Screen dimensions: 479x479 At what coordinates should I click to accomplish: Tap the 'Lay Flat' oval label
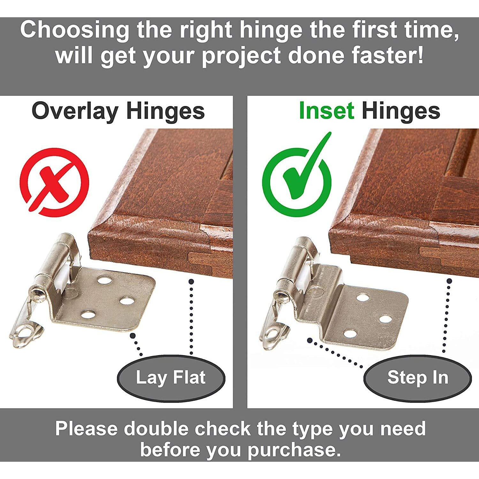(x=171, y=378)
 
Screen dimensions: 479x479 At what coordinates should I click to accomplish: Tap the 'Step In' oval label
(x=418, y=378)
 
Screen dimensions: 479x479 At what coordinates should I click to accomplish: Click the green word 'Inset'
(x=326, y=111)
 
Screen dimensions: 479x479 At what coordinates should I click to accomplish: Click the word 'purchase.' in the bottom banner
(x=293, y=450)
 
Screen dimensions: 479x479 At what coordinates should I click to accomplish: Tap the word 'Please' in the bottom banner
(x=86, y=429)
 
